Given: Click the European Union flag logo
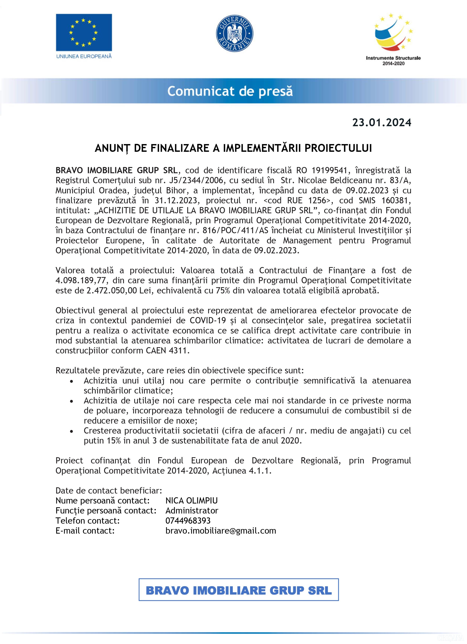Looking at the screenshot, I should (x=84, y=33).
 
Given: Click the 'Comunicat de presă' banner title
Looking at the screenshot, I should (x=230, y=91).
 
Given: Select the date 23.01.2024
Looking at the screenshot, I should (x=382, y=122).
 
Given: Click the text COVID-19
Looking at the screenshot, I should (x=208, y=320).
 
